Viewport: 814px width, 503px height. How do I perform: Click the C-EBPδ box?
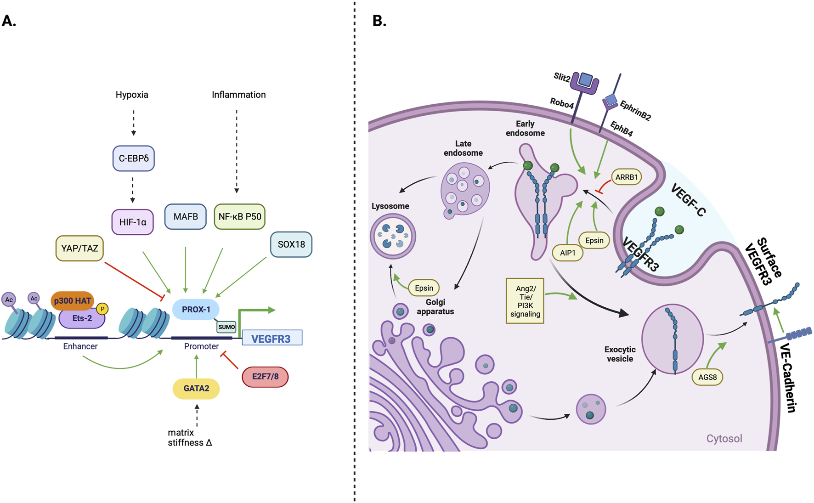pos(134,158)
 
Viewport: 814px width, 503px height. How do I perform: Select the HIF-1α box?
pos(133,222)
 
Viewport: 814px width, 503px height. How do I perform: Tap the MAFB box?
pos(186,216)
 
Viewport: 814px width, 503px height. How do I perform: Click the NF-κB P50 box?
pos(239,216)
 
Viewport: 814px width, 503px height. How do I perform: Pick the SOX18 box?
pos(291,244)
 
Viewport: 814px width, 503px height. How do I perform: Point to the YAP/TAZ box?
pos(79,249)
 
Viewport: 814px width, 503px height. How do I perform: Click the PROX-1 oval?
pos(196,310)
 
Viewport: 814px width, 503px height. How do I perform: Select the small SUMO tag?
pos(226,327)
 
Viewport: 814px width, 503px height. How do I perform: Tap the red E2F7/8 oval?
pos(265,377)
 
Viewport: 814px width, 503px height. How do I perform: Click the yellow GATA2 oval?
pos(196,389)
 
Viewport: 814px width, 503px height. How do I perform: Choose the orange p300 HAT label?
pos(72,301)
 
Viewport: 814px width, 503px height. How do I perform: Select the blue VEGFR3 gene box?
pos(272,339)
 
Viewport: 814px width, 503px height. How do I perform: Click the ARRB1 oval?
pos(626,177)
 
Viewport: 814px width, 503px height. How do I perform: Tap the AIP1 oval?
pos(567,253)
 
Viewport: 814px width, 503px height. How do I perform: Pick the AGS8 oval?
pos(707,378)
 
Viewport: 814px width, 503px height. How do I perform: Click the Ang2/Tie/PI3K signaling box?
pos(525,301)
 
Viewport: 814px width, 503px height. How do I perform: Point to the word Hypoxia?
pos(132,95)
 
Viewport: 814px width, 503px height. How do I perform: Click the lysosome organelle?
pos(393,236)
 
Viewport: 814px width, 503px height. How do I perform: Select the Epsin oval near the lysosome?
pos(424,288)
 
